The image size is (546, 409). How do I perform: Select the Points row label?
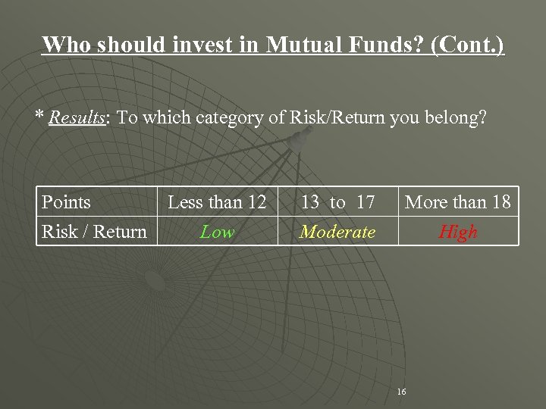pos(66,202)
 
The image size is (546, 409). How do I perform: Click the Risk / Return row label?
pos(94,232)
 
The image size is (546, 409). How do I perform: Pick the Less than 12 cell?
pos(217,202)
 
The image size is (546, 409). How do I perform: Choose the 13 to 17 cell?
pos(337,202)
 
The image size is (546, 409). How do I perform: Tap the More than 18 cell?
pos(458,202)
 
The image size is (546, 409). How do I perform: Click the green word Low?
pos(217,232)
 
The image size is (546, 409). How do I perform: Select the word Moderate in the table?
pos(337,232)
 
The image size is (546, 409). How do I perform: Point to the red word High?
pos(458,232)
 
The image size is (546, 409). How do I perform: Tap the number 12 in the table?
pos(254,202)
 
